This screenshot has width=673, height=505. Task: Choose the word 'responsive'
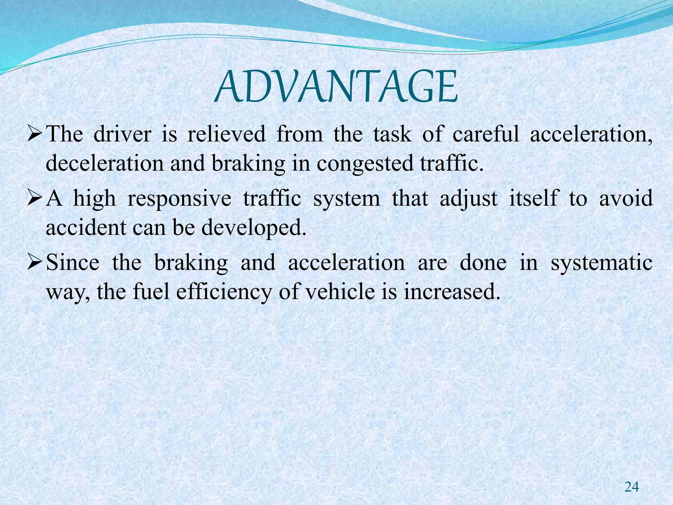(x=179, y=199)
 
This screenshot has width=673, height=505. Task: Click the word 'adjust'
(x=469, y=199)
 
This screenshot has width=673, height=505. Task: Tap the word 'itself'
(x=534, y=198)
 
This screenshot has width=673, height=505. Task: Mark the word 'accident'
(x=85, y=227)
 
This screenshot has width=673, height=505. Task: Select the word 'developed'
(x=254, y=228)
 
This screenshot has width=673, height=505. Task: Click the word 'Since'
(x=73, y=262)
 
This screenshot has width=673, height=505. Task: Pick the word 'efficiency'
(x=224, y=292)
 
